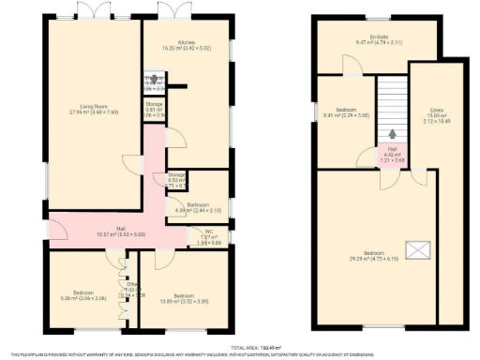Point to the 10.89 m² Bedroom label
(x=176, y=296)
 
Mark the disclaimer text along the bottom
(x=239, y=353)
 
